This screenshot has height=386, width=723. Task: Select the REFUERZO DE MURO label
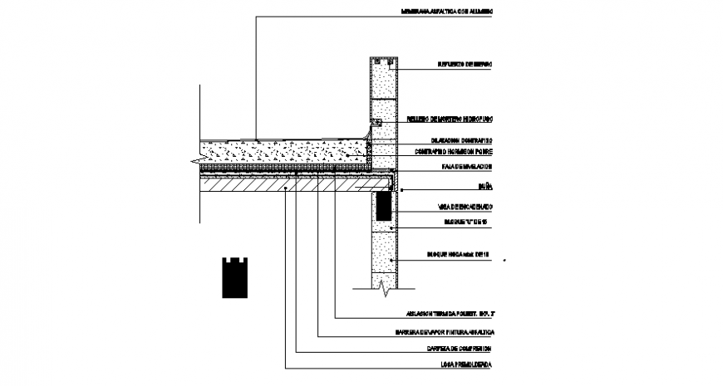(x=466, y=64)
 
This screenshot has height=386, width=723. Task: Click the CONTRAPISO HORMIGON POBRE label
(x=455, y=153)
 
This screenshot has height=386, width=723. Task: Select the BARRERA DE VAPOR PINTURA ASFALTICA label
(x=445, y=333)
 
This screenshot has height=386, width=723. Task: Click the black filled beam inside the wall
(x=383, y=206)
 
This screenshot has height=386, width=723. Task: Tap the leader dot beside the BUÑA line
(x=403, y=190)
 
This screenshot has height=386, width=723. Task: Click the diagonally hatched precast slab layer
(x=283, y=188)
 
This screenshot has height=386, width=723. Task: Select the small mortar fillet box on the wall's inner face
(x=376, y=122)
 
